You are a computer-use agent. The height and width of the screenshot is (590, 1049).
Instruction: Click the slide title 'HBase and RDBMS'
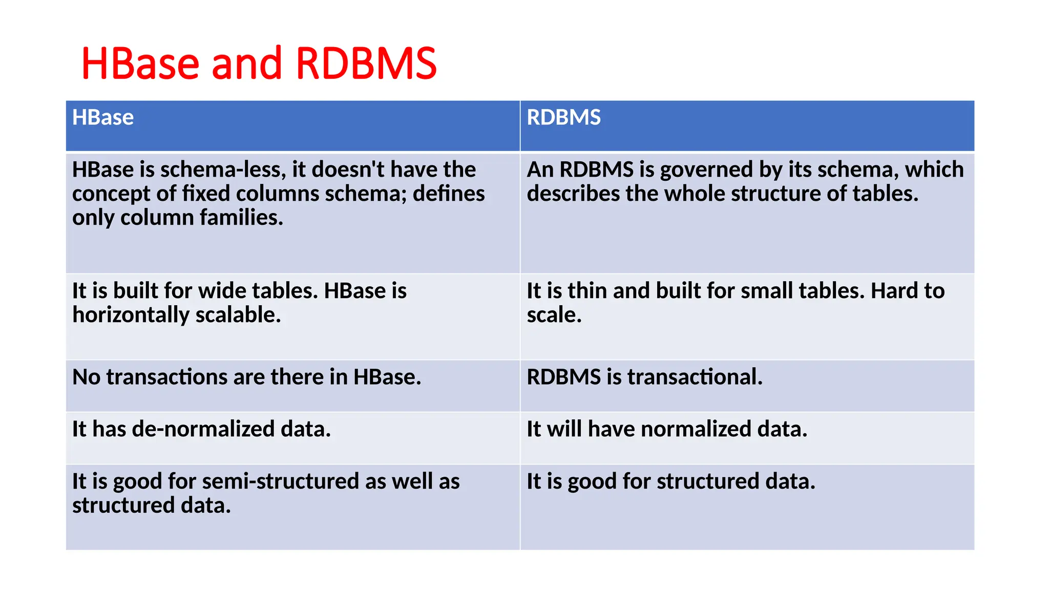[x=259, y=64]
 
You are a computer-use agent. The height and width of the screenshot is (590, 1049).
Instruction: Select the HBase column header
[x=103, y=117]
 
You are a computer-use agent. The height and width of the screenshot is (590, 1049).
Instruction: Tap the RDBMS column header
[x=563, y=117]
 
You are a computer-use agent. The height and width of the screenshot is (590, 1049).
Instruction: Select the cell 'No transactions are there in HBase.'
[x=246, y=377]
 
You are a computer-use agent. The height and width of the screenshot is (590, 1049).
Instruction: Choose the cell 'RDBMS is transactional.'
[x=644, y=377]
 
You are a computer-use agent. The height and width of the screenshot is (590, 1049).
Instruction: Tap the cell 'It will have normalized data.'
[x=667, y=429]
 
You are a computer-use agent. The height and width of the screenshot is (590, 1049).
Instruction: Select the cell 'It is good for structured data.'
[x=670, y=481]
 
